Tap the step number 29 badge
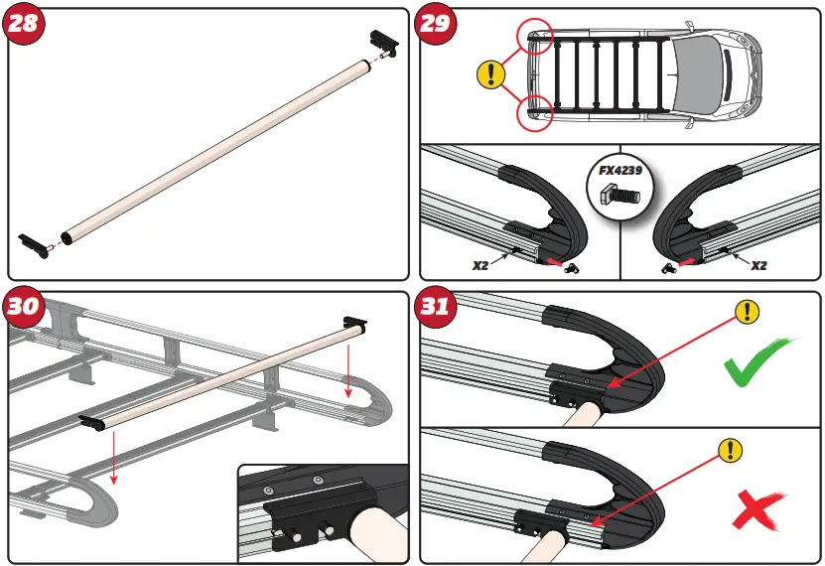434,24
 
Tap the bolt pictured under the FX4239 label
619,197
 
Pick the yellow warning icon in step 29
490,73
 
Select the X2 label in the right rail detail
758,265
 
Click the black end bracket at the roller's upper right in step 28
382,43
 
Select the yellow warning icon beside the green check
747,313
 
